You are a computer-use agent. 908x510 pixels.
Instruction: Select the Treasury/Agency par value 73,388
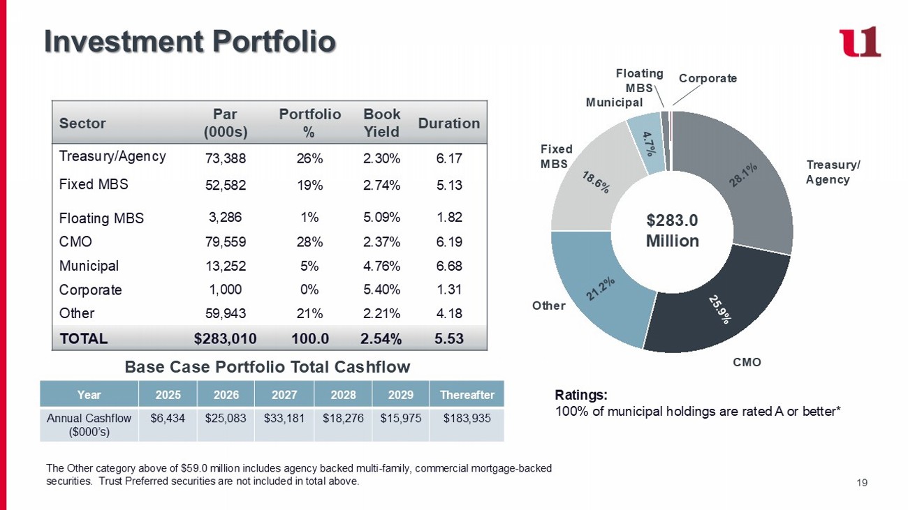point(225,158)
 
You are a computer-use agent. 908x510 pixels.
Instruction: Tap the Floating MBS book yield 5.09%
point(381,217)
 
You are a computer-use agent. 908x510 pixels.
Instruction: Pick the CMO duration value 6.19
point(448,242)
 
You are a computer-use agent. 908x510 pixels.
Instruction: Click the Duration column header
point(448,123)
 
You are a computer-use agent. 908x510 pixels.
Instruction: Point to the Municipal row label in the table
point(89,266)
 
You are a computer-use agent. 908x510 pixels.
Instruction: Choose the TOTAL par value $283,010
point(225,339)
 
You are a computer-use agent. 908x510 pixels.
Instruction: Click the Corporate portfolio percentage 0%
point(309,290)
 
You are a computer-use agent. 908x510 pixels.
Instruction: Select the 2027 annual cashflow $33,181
point(284,418)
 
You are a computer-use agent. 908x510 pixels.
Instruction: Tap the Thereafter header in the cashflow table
point(467,394)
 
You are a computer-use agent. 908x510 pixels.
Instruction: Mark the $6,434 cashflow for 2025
point(166,418)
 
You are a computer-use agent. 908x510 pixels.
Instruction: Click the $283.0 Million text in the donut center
point(672,231)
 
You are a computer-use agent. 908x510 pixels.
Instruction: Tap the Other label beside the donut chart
point(548,306)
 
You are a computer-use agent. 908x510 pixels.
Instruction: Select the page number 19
point(861,481)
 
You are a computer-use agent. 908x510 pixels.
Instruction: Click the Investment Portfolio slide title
point(190,41)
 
